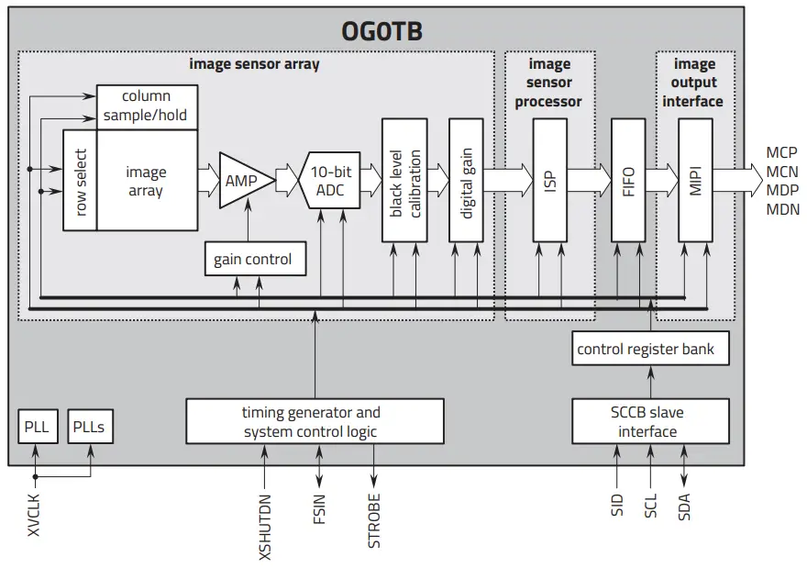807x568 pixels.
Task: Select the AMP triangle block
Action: coord(243,181)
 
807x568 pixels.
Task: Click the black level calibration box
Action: coord(404,180)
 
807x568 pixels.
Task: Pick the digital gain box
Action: coord(468,180)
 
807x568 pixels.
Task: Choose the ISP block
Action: coord(550,180)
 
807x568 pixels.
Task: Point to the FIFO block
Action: coord(628,180)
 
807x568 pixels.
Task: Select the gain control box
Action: coord(252,260)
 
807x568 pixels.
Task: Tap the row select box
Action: coord(80,180)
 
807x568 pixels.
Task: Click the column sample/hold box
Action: coord(147,106)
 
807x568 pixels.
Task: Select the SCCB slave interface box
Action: coord(647,421)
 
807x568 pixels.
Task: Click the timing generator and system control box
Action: coord(315,421)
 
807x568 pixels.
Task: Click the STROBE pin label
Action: coord(374,521)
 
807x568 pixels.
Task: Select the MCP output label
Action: coord(781,152)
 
